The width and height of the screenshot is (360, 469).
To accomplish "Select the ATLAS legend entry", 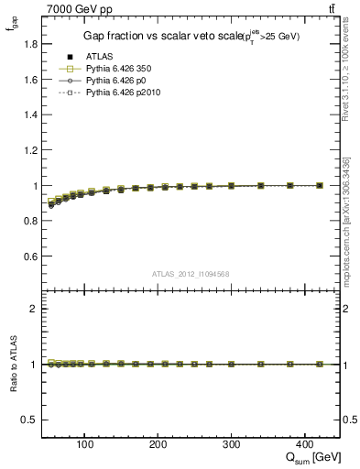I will [x=99, y=57].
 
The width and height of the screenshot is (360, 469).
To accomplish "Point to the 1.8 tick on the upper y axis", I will [x=30, y=44].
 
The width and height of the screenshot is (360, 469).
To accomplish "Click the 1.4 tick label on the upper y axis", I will [x=30, y=115].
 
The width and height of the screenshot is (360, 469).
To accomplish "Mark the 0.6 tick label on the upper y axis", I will [x=30, y=256].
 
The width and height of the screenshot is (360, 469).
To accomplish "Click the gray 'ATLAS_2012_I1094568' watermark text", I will [x=191, y=273].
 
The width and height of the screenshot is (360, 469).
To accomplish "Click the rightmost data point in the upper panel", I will [x=319, y=185].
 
